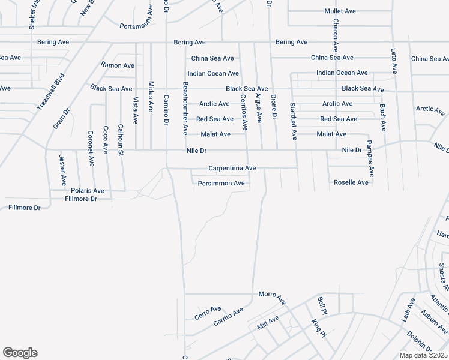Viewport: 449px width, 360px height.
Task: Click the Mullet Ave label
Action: (340, 11)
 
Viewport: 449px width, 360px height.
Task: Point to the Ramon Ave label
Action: (118, 65)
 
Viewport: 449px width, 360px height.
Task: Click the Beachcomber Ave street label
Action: (185, 108)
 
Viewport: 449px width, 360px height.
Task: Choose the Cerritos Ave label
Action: (244, 112)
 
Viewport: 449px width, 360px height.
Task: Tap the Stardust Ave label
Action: (293, 121)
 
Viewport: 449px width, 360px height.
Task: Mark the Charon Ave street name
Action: (336, 35)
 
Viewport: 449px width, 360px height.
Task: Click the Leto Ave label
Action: (394, 61)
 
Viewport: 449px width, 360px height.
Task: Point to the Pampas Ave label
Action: (370, 158)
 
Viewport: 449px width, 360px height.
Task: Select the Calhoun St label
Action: (121, 139)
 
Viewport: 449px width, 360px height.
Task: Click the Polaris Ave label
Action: (88, 191)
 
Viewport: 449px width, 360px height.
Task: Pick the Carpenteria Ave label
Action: (232, 169)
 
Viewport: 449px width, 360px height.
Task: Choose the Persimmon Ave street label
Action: (221, 183)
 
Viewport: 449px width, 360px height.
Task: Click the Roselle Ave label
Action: (351, 182)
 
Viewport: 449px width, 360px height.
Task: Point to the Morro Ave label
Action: (272, 296)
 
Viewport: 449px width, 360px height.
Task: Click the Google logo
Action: (20, 353)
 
